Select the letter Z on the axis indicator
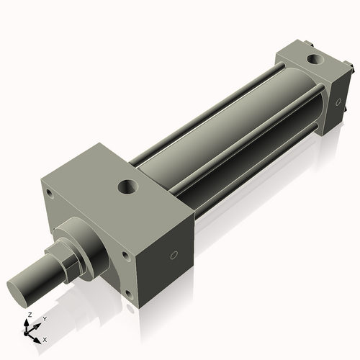[28, 315]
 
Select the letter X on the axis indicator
[45, 338]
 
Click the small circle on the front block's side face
[173, 255]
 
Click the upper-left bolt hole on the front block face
[48, 193]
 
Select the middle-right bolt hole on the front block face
[125, 255]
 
